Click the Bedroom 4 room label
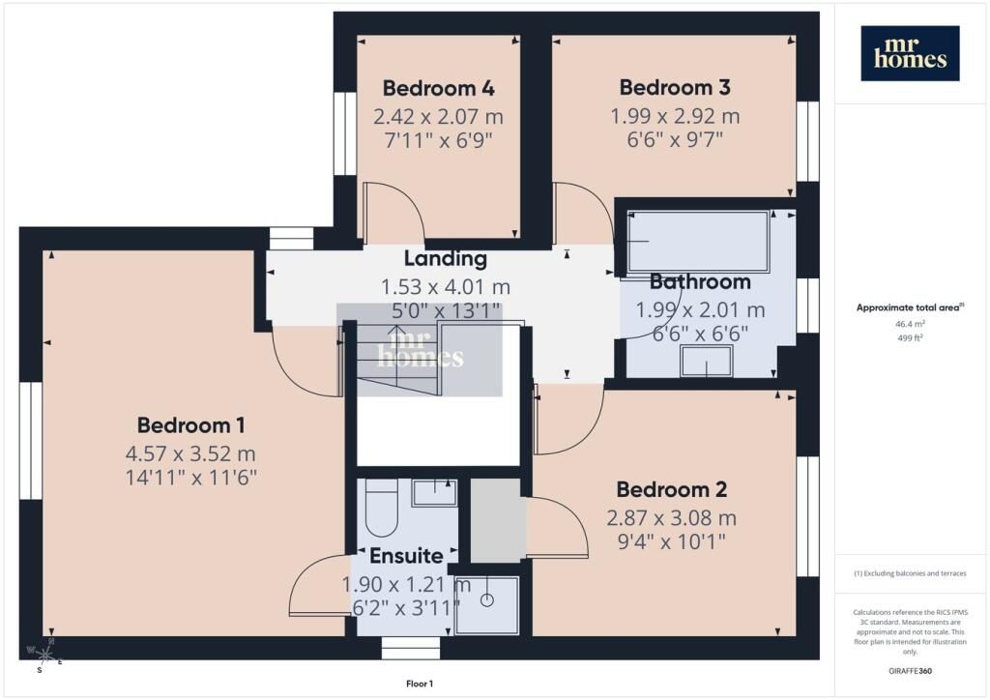438,88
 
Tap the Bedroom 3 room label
674,87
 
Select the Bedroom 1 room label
190,425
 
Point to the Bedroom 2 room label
671,489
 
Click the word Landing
445,258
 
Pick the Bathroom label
700,281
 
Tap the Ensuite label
406,555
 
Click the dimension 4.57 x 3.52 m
190,453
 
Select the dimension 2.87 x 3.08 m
671,518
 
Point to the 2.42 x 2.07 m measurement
438,117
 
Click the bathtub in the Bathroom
698,242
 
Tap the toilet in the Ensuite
381,508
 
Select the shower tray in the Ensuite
487,605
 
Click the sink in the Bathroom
706,361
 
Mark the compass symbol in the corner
43,656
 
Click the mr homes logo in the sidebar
910,53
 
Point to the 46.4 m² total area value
910,324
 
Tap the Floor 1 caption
420,684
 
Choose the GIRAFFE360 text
910,670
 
